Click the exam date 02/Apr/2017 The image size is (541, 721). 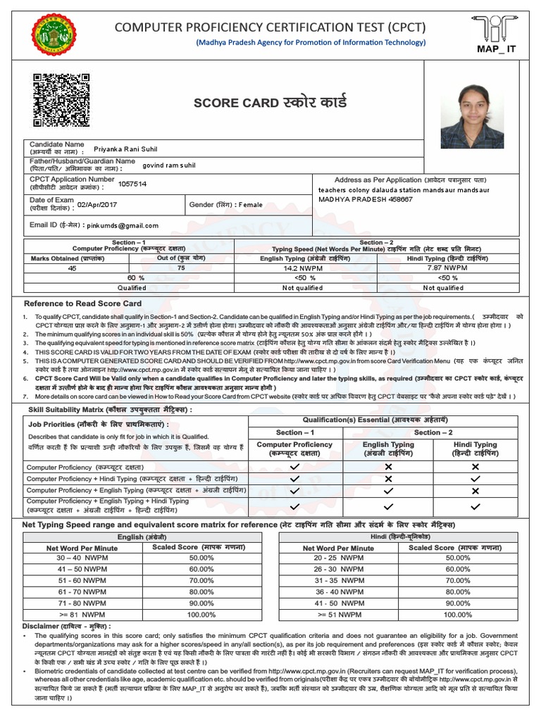point(98,204)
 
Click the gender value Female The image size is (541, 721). point(250,205)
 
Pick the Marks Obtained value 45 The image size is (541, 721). point(73,268)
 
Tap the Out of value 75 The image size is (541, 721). point(182,268)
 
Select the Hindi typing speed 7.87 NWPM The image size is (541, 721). point(447,268)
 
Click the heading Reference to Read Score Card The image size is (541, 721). point(82,303)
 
